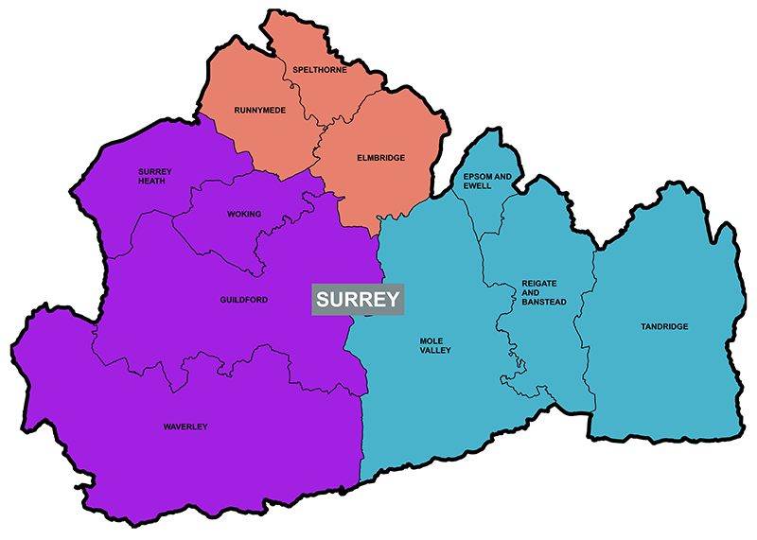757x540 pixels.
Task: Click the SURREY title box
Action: [359, 300]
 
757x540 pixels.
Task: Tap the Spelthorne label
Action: [320, 70]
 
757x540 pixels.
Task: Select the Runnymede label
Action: [259, 111]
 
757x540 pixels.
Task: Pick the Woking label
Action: [244, 214]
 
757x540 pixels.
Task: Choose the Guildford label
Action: [244, 300]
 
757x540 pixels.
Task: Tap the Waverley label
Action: [185, 427]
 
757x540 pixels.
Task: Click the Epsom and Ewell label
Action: [486, 182]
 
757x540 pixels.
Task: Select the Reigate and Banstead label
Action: [539, 292]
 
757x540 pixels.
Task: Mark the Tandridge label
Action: [664, 326]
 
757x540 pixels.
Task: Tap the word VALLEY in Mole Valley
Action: [435, 351]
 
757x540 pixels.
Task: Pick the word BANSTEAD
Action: [543, 302]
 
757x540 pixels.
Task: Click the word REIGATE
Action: [539, 283]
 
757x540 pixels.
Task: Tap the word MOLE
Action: [431, 340]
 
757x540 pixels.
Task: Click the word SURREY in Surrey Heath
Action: [152, 171]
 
